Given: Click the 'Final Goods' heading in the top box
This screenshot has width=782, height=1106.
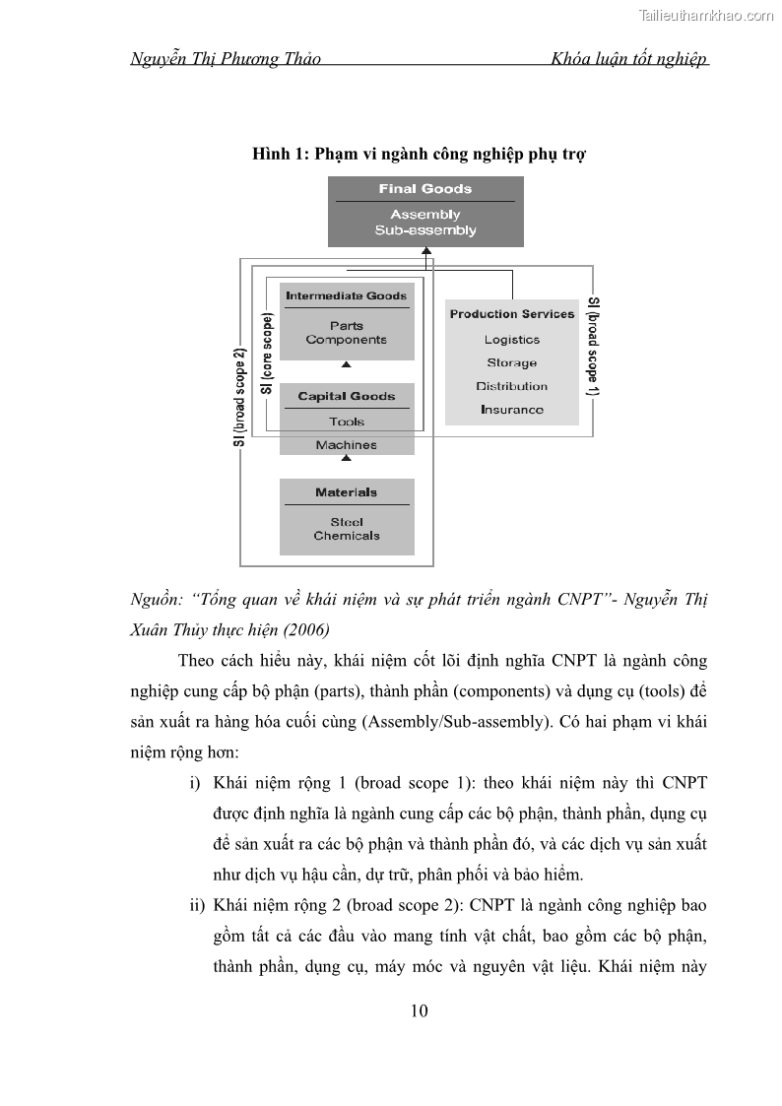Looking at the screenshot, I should tap(425, 189).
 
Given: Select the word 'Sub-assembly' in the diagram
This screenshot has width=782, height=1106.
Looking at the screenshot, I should tap(425, 230).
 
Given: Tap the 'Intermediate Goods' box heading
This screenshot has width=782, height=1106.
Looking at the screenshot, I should tap(347, 295).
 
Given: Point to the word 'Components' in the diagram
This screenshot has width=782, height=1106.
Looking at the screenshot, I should tap(347, 340).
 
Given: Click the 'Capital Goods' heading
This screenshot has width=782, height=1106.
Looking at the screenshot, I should tap(347, 396).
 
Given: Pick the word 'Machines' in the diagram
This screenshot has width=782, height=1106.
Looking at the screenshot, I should tap(347, 445).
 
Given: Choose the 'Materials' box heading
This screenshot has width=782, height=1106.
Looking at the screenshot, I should tap(347, 492).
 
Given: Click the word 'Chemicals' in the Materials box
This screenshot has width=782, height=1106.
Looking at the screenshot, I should tap(347, 536).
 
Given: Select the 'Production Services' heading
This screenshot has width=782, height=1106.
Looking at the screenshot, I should tap(512, 314).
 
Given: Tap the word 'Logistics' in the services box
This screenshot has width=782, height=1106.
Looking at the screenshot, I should tap(512, 340).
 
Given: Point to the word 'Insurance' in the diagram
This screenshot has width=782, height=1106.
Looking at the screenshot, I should tap(512, 410).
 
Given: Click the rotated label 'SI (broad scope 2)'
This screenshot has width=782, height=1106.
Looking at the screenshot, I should tap(239, 397).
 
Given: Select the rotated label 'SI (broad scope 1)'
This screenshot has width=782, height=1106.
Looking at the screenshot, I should tap(593, 346).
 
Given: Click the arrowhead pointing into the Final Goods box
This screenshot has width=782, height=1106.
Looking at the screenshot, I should tap(426, 252).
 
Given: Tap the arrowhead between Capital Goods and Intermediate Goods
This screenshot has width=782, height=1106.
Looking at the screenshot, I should tap(346, 365).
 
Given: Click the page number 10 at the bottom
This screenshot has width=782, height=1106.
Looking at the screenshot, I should tap(419, 1010).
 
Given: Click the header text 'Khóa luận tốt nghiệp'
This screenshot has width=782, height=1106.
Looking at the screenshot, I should tap(630, 59).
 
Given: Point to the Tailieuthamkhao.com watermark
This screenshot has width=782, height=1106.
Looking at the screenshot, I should tap(706, 15).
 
